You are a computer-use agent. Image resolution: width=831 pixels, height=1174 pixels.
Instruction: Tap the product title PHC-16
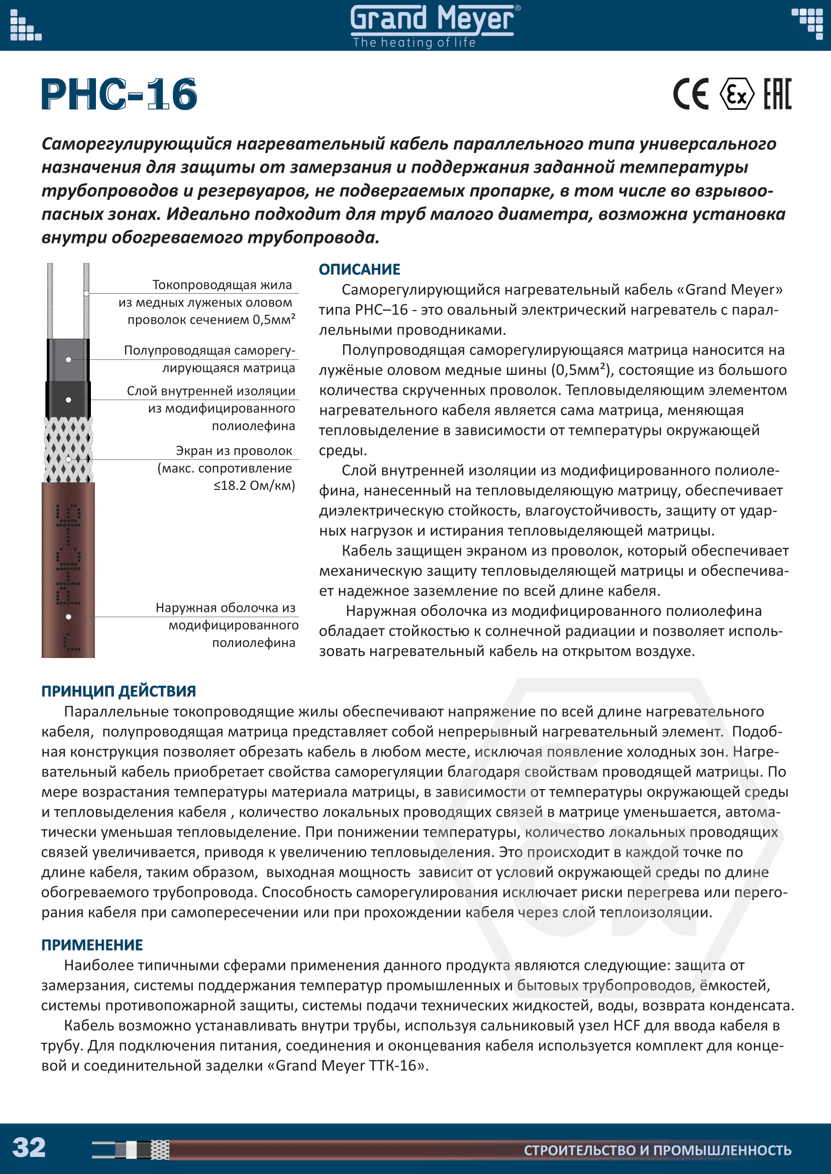pos(119,94)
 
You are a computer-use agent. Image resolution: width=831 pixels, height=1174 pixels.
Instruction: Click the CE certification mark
pos(691,94)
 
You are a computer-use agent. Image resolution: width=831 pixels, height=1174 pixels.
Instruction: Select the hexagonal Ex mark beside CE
pos(737,94)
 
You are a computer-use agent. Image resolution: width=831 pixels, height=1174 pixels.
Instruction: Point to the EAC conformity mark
pos(777,94)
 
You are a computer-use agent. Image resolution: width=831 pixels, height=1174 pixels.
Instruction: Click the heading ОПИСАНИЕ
pos(359,270)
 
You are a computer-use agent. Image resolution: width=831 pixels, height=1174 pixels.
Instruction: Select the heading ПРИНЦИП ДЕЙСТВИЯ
pos(118,691)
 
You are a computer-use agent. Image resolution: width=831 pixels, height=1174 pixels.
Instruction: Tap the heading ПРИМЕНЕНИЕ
pos(92,945)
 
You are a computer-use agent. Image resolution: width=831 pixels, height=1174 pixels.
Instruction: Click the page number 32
pos(29,1147)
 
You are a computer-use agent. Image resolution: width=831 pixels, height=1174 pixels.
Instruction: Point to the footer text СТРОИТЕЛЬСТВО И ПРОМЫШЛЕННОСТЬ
pos(658,1150)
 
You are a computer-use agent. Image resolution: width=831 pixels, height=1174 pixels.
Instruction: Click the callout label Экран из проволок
pos(234,450)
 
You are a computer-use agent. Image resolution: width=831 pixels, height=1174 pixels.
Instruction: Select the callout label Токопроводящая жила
pos(222,285)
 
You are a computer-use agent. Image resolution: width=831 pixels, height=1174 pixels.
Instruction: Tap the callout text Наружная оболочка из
pos(226,607)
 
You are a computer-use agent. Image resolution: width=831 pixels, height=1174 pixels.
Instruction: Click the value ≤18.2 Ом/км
pos(254,485)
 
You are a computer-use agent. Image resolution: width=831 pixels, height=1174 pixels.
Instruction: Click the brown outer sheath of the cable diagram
pos(68,573)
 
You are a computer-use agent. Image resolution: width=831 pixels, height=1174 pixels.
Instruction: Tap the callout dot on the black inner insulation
pos(68,400)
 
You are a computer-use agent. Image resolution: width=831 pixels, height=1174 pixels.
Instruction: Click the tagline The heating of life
pos(414,43)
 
